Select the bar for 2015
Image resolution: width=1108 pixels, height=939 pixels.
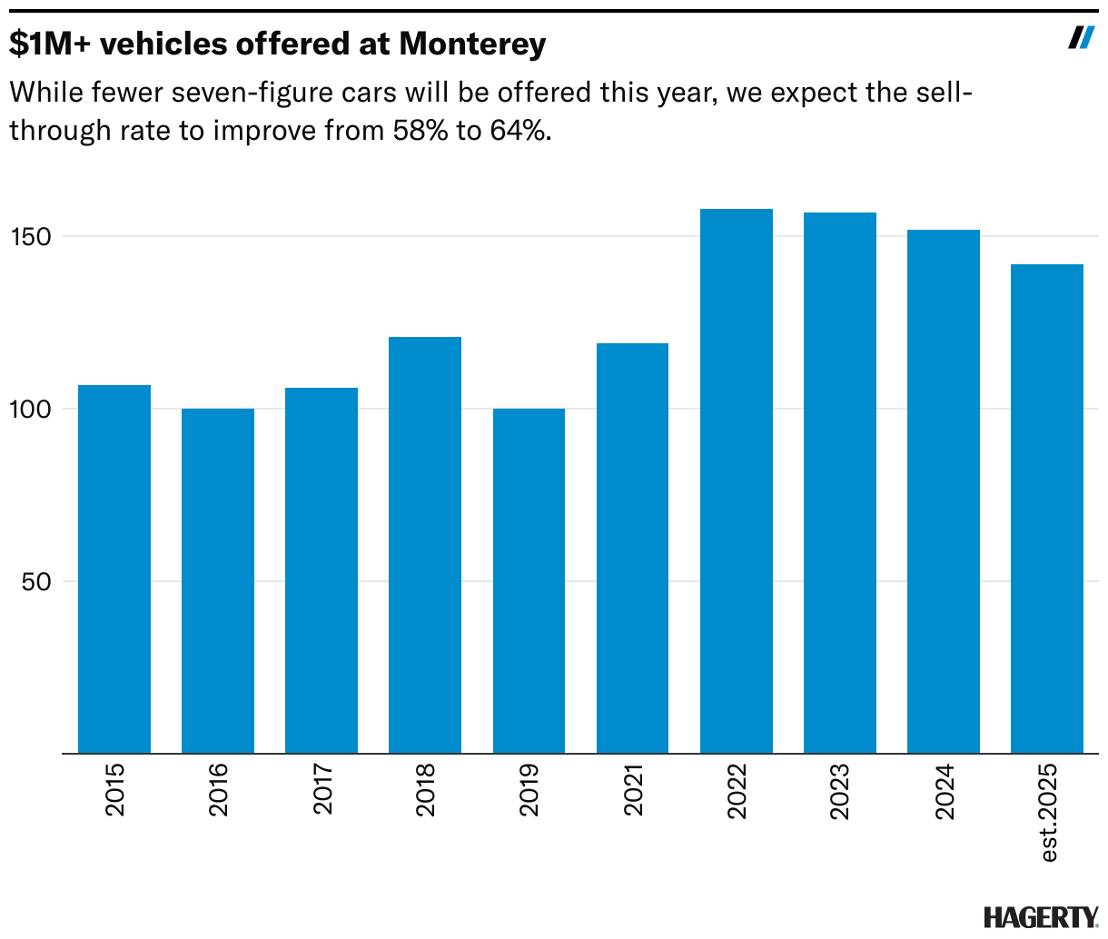pos(114,569)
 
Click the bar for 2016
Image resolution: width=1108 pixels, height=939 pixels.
pos(218,581)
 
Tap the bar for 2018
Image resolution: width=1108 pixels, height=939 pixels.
pos(425,545)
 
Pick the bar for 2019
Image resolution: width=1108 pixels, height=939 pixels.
pos(529,581)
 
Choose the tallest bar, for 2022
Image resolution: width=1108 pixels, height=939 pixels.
pos(737,481)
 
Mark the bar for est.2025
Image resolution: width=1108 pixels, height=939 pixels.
pos(1047,509)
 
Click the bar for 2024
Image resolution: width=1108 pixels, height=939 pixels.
pos(944,491)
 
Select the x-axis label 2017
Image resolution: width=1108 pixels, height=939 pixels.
pos(322,789)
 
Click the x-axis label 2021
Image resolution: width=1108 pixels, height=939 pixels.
pos(633,789)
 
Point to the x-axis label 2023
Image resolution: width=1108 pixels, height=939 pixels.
pos(840,792)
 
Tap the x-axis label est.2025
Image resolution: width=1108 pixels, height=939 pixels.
pos(1049,812)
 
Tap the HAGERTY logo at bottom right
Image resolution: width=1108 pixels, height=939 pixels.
pos(1041,917)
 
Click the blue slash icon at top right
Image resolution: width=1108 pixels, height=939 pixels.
pos(1081,37)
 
